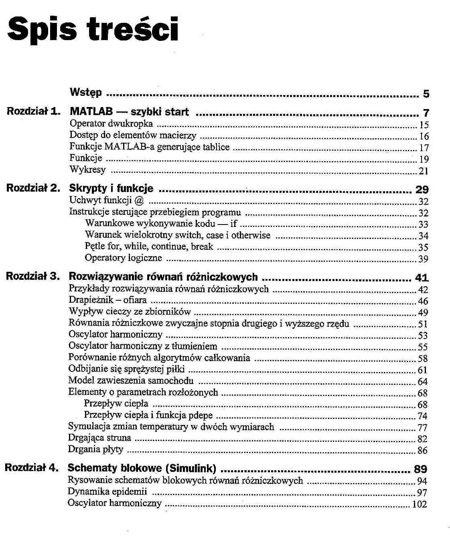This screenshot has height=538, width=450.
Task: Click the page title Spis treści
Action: (93, 29)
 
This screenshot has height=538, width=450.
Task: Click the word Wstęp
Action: (85, 93)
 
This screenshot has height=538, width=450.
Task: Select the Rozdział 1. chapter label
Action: (33, 111)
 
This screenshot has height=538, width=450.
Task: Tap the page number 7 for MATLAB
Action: (426, 113)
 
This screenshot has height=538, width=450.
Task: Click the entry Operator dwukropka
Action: (111, 124)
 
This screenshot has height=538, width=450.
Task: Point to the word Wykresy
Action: (87, 170)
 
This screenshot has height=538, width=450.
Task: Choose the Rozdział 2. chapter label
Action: (33, 188)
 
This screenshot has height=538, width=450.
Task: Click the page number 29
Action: (422, 190)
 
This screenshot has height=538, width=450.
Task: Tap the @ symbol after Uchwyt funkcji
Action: (139, 200)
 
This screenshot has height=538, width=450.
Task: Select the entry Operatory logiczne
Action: (123, 258)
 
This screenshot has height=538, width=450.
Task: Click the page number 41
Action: (422, 277)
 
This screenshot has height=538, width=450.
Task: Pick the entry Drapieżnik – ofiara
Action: (107, 300)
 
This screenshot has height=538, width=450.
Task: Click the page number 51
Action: (423, 324)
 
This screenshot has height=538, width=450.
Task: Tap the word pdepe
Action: (200, 415)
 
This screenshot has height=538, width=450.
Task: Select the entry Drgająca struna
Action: (99, 438)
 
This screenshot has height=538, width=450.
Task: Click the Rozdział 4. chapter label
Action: (32, 467)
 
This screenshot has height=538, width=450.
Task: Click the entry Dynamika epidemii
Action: (107, 491)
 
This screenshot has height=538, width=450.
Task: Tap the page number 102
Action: (420, 504)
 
